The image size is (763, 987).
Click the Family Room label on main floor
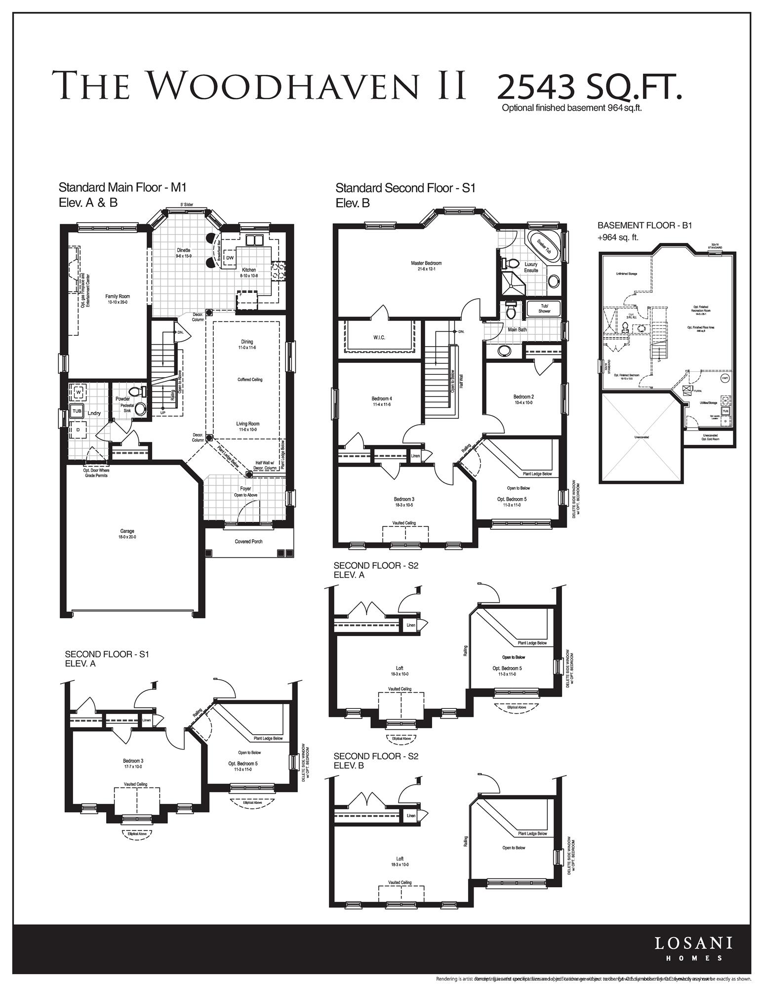[x=118, y=296]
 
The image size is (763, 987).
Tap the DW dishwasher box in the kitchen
[x=230, y=257]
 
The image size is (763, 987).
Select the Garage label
[x=127, y=531]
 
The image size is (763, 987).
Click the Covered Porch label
[x=248, y=542]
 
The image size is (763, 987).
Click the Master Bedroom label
[x=426, y=263]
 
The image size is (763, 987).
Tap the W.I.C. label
[x=379, y=337]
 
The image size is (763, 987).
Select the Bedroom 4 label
[x=382, y=398]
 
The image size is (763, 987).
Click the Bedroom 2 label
[x=523, y=396]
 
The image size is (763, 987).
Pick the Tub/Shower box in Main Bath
[x=544, y=309]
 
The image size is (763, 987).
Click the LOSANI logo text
[x=693, y=943]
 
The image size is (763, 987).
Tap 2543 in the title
[x=536, y=87]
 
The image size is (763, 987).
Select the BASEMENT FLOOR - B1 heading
[x=644, y=225]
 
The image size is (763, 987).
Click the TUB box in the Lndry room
[x=77, y=410]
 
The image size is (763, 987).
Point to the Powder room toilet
[x=144, y=392]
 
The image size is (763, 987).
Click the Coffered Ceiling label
[x=250, y=380]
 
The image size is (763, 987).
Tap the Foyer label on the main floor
[x=245, y=489]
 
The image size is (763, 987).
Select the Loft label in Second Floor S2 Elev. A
[x=400, y=669]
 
